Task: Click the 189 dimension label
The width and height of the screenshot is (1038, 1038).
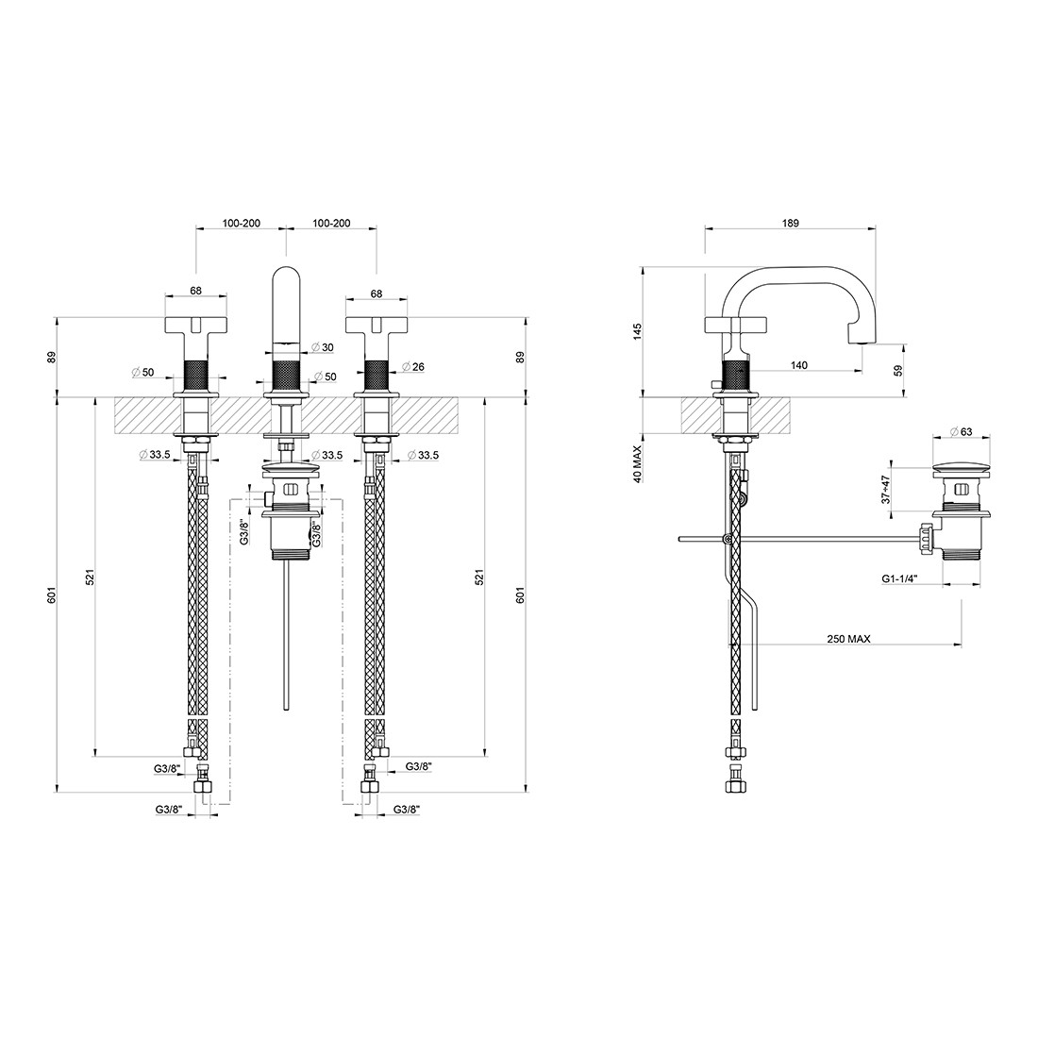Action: click(790, 223)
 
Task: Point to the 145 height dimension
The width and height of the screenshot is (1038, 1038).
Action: click(638, 331)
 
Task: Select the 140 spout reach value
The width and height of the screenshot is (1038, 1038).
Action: click(799, 365)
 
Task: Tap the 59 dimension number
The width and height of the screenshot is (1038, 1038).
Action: click(897, 371)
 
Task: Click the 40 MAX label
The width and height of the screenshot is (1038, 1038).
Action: click(638, 464)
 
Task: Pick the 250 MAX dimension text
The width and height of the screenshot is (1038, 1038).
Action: click(848, 639)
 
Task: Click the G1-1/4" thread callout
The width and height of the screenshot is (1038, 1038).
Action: click(899, 578)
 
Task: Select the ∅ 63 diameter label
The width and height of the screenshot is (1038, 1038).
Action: click(962, 431)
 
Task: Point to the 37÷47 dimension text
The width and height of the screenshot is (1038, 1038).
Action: click(886, 489)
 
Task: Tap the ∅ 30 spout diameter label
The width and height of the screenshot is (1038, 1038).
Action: click(322, 347)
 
